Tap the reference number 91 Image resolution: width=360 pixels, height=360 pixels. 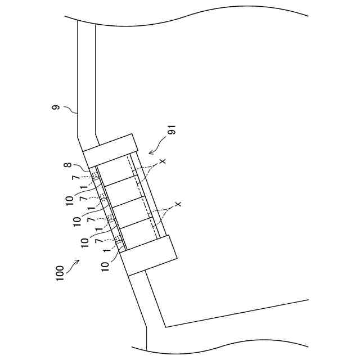[173, 132]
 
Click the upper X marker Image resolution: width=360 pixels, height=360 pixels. [163, 162]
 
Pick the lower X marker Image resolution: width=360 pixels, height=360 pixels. [178, 204]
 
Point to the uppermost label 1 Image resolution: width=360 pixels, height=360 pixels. [84, 187]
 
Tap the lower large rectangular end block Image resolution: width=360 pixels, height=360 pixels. [149, 255]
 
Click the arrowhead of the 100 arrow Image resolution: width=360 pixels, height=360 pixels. [77, 262]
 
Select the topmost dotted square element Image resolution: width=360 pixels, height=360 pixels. [96, 176]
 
